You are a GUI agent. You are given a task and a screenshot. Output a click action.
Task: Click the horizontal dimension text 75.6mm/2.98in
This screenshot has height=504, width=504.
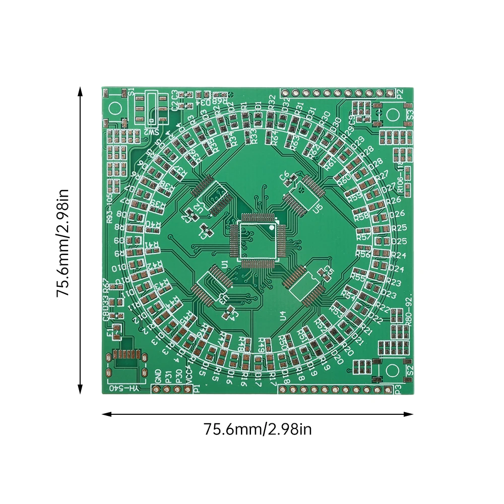pyautogui.click(x=258, y=430)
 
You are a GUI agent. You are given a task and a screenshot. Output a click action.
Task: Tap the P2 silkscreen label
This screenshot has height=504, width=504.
pyautogui.click(x=400, y=93)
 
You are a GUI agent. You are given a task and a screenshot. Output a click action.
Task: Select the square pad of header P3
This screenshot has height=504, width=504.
pyautogui.click(x=388, y=389)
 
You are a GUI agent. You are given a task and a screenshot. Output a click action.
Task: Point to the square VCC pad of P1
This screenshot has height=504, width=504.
pyautogui.click(x=190, y=389)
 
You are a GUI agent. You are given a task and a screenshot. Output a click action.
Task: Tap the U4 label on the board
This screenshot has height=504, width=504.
pyautogui.click(x=283, y=316)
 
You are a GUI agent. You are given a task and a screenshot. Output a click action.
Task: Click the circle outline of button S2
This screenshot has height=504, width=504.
pyautogui.click(x=393, y=369)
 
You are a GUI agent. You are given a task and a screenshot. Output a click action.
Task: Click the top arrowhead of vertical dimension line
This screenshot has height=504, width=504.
pyautogui.click(x=80, y=90)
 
